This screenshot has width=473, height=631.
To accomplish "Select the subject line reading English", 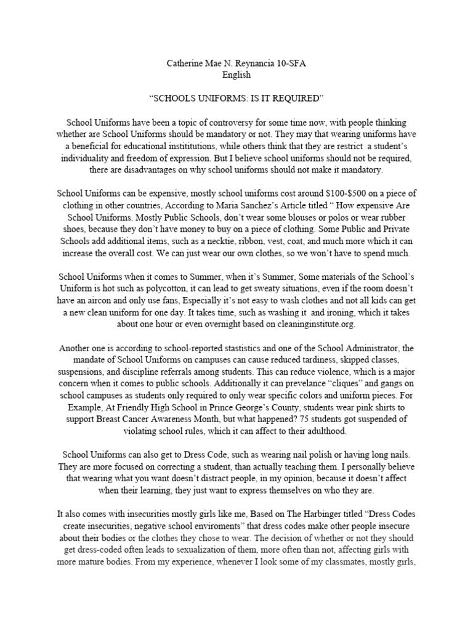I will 236,75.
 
